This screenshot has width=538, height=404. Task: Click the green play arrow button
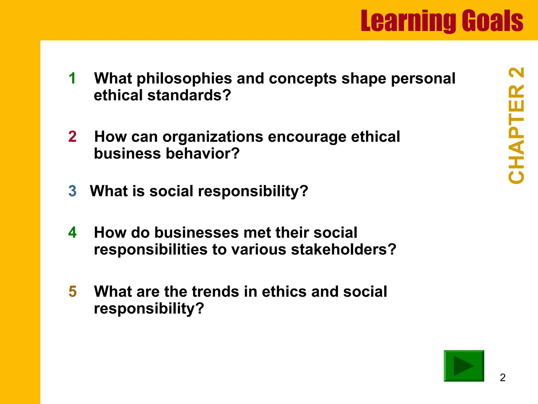tap(464, 366)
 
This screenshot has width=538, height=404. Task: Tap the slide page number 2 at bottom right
tap(503, 378)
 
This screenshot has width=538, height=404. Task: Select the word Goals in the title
tap(492, 21)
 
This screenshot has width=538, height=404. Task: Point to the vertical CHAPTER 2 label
tap(516, 126)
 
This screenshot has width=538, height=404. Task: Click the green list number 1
tap(72, 78)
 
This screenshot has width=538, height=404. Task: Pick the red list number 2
tap(72, 137)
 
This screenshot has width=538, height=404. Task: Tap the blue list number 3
tap(72, 191)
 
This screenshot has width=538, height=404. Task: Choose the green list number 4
tap(72, 233)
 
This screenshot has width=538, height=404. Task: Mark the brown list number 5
tap(73, 292)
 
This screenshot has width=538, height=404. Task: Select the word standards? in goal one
tap(189, 95)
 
